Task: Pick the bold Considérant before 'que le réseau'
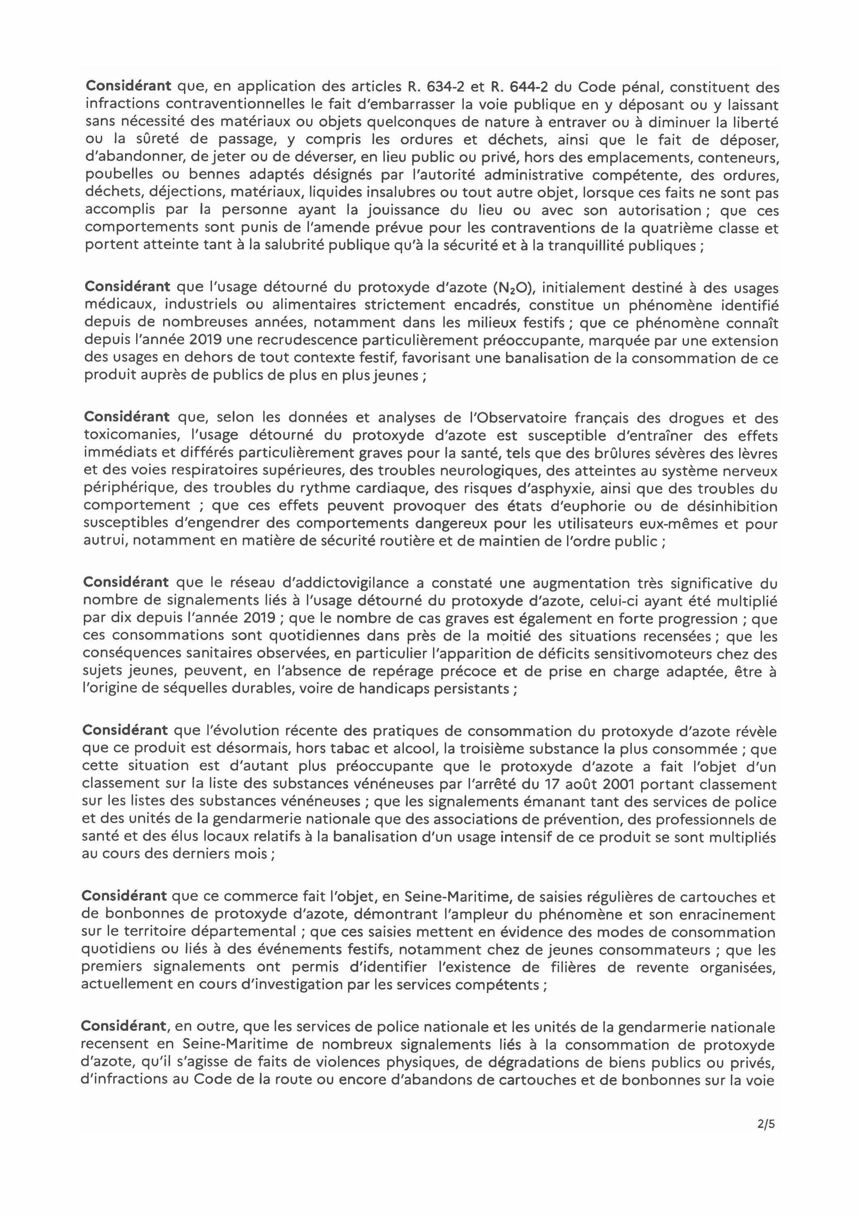(x=126, y=582)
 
